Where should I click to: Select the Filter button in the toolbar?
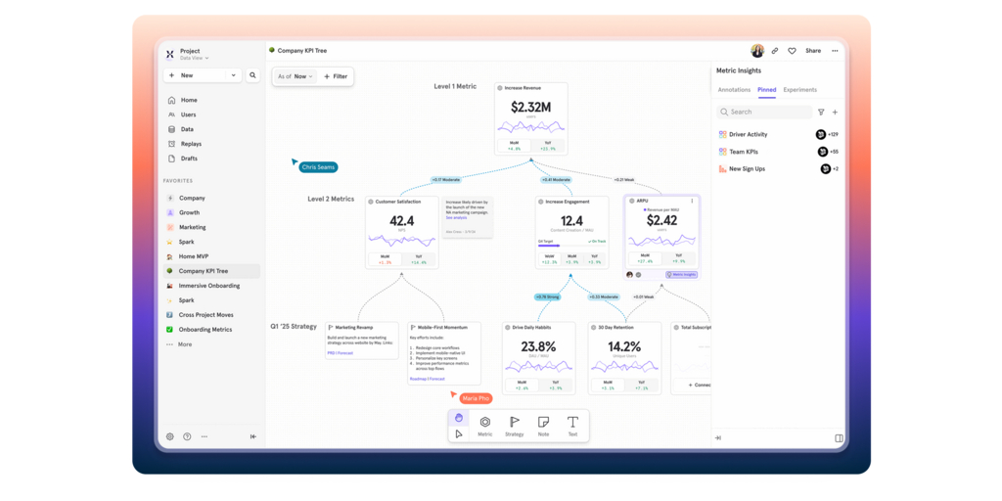tap(336, 76)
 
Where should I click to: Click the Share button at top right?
tap(813, 51)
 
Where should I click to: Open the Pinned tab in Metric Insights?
tap(766, 90)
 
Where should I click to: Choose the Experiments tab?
tap(799, 90)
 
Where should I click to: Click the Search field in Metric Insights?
tap(765, 112)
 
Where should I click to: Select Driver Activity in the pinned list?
tap(749, 134)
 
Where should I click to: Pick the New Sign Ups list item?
tap(747, 169)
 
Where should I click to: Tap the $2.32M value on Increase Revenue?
tap(530, 108)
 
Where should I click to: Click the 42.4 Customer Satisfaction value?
tap(401, 222)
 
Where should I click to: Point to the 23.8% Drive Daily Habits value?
tap(538, 346)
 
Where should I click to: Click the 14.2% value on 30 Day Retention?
tap(624, 346)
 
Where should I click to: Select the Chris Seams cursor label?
tap(318, 167)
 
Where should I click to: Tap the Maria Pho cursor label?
tap(476, 398)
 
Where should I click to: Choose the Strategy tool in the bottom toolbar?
tap(514, 426)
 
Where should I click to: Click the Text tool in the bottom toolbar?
tap(572, 426)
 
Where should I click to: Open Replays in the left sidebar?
tap(191, 144)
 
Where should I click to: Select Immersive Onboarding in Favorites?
tap(208, 286)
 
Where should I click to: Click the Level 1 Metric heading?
tap(455, 86)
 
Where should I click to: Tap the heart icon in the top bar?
tap(792, 51)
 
